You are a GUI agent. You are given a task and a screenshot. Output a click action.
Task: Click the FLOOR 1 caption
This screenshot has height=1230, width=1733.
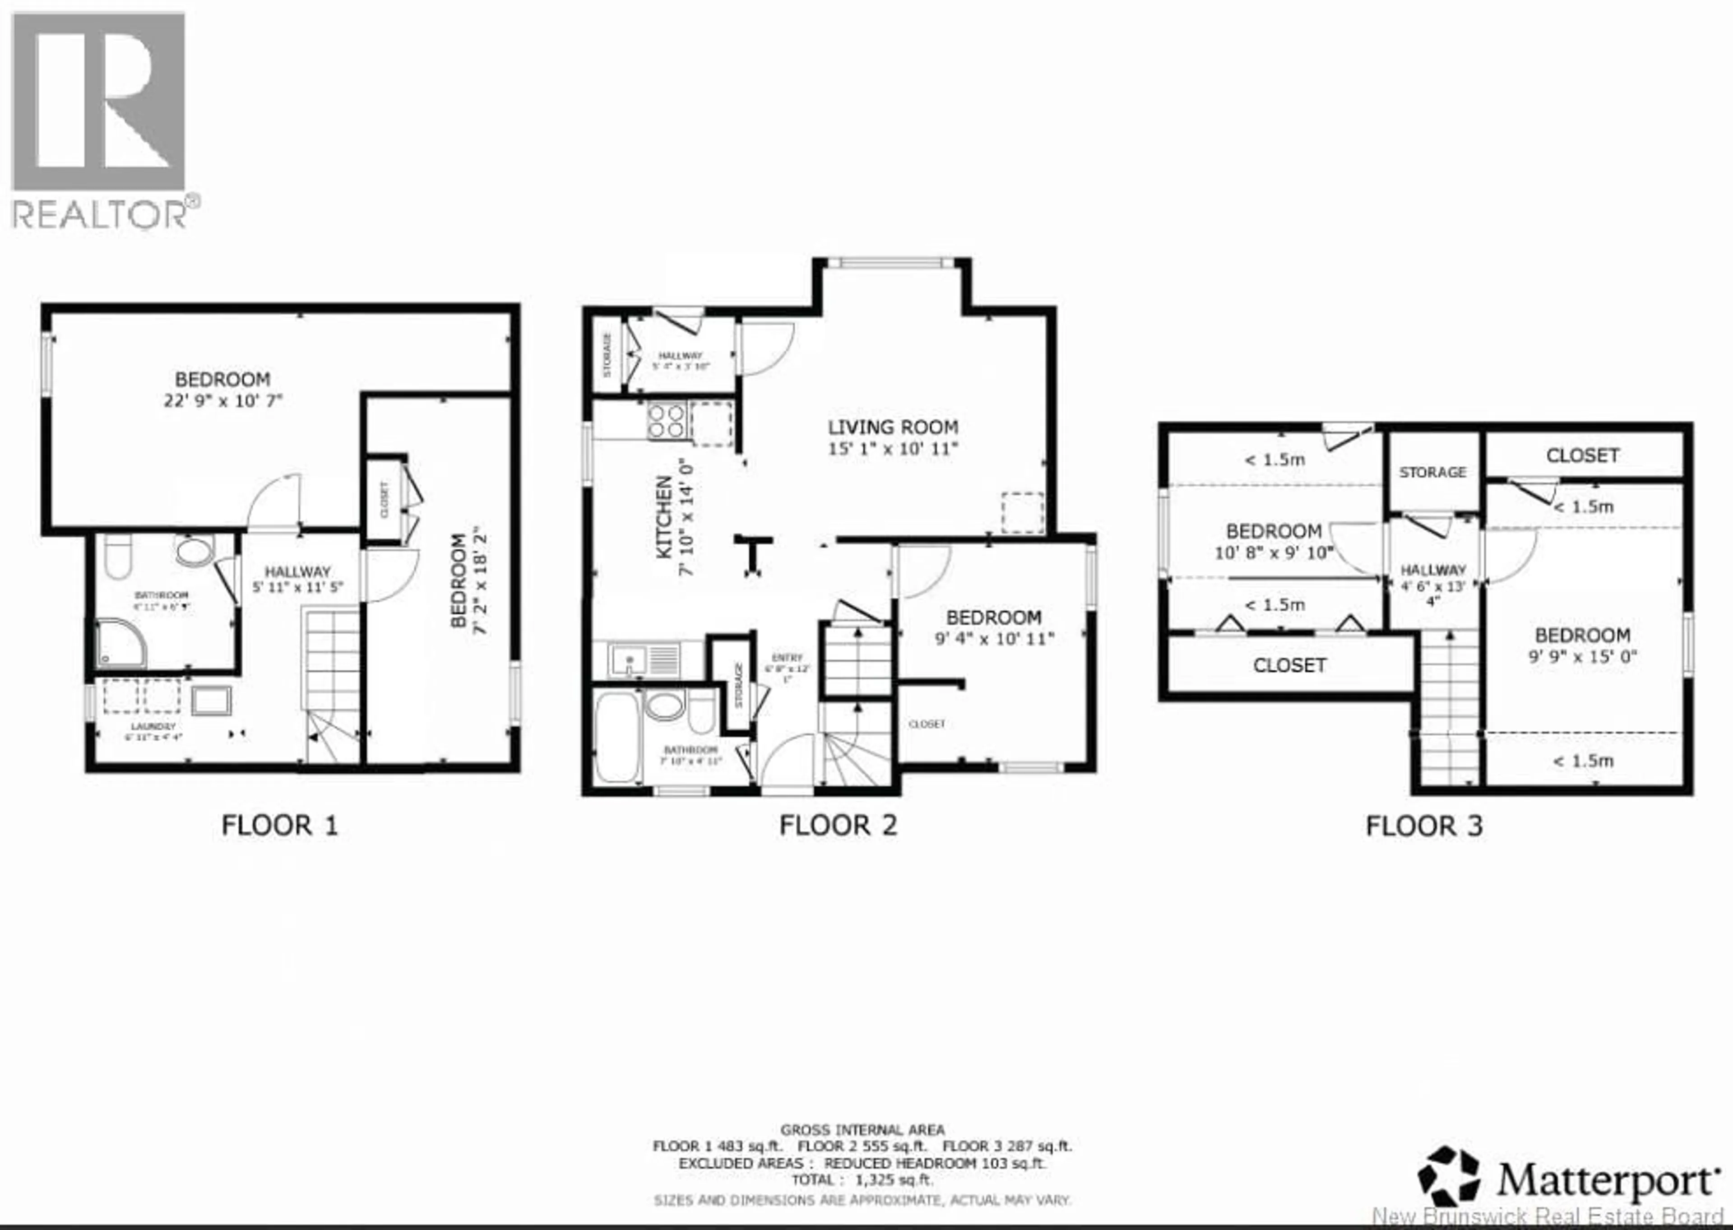click(x=279, y=826)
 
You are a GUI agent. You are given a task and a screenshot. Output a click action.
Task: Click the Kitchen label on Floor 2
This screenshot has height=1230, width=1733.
click(x=664, y=517)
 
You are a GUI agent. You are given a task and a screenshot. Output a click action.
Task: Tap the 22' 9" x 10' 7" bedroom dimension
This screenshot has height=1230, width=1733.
click(x=223, y=400)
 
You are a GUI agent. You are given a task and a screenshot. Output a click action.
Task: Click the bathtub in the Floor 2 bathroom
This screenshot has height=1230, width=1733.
click(x=617, y=735)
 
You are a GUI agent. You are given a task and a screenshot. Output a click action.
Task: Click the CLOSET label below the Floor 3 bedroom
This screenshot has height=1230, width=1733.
click(x=1289, y=666)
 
